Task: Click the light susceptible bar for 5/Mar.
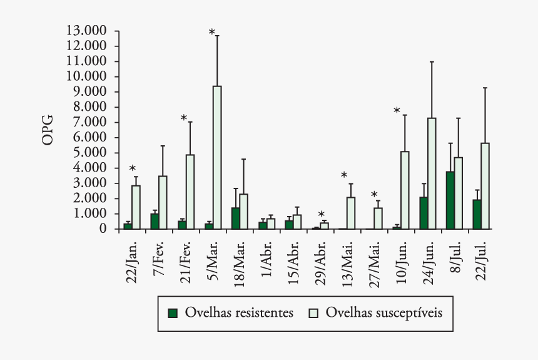pyautogui.click(x=217, y=157)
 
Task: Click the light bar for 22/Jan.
pyautogui.click(x=136, y=207)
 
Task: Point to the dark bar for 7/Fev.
pyautogui.click(x=154, y=222)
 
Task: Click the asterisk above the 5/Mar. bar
pyautogui.click(x=212, y=33)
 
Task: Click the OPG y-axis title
pyautogui.click(x=48, y=130)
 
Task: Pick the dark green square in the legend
pyautogui.click(x=173, y=312)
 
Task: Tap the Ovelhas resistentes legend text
pyautogui.click(x=239, y=312)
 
